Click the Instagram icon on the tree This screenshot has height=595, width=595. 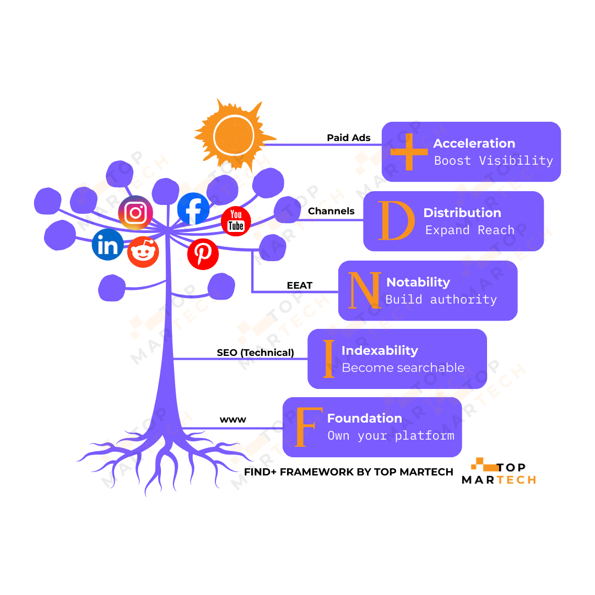136,213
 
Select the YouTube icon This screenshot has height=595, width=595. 236,221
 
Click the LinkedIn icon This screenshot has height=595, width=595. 107,245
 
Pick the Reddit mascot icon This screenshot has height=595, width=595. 143,252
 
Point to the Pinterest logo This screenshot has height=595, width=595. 203,254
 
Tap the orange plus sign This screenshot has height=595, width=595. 409,151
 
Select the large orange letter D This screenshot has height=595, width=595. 396,221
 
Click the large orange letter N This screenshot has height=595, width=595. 365,290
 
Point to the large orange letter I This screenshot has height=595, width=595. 329,359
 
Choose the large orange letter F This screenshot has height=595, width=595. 308,428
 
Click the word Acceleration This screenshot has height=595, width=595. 474,143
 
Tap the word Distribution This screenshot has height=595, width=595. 462,213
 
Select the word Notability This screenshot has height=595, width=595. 418,282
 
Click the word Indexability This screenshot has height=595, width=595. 380,350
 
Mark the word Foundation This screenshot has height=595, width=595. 365,418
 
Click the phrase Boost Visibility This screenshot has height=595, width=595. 494,161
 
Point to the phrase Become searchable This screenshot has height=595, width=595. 403,368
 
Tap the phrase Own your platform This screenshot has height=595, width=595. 391,436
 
